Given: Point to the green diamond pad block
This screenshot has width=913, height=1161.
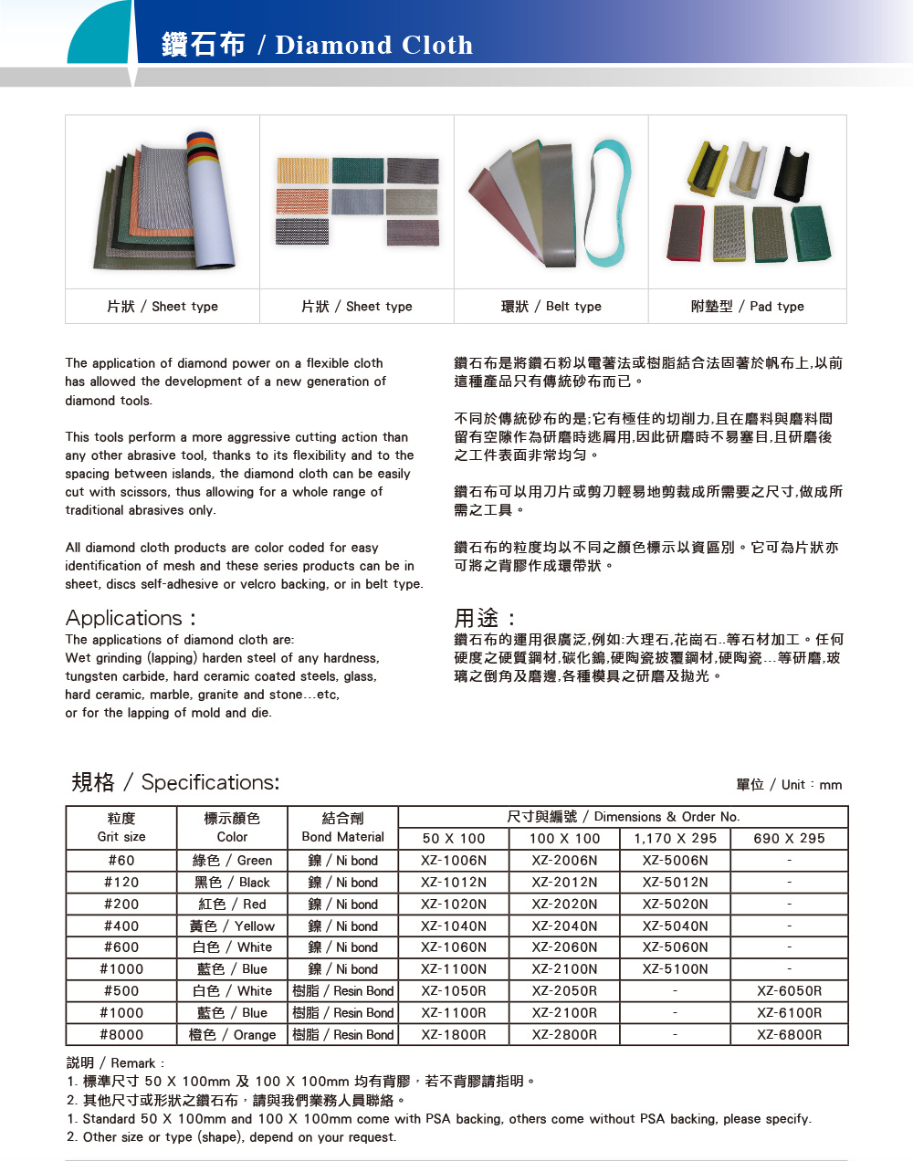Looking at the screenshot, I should pos(810,233).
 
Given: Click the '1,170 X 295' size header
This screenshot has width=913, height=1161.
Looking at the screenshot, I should pos(675,838).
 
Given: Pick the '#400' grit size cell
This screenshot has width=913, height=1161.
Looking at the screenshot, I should pos(121,926).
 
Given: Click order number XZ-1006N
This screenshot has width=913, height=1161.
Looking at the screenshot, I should pos(454,861).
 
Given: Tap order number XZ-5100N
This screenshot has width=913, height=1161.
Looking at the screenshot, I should pos(675,969).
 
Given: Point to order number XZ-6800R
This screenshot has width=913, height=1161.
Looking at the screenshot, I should pos(789,1035).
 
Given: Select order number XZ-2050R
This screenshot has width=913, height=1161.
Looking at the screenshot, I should pos(564,991).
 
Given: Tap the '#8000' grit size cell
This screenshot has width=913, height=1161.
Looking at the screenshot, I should pos(121,1035).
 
